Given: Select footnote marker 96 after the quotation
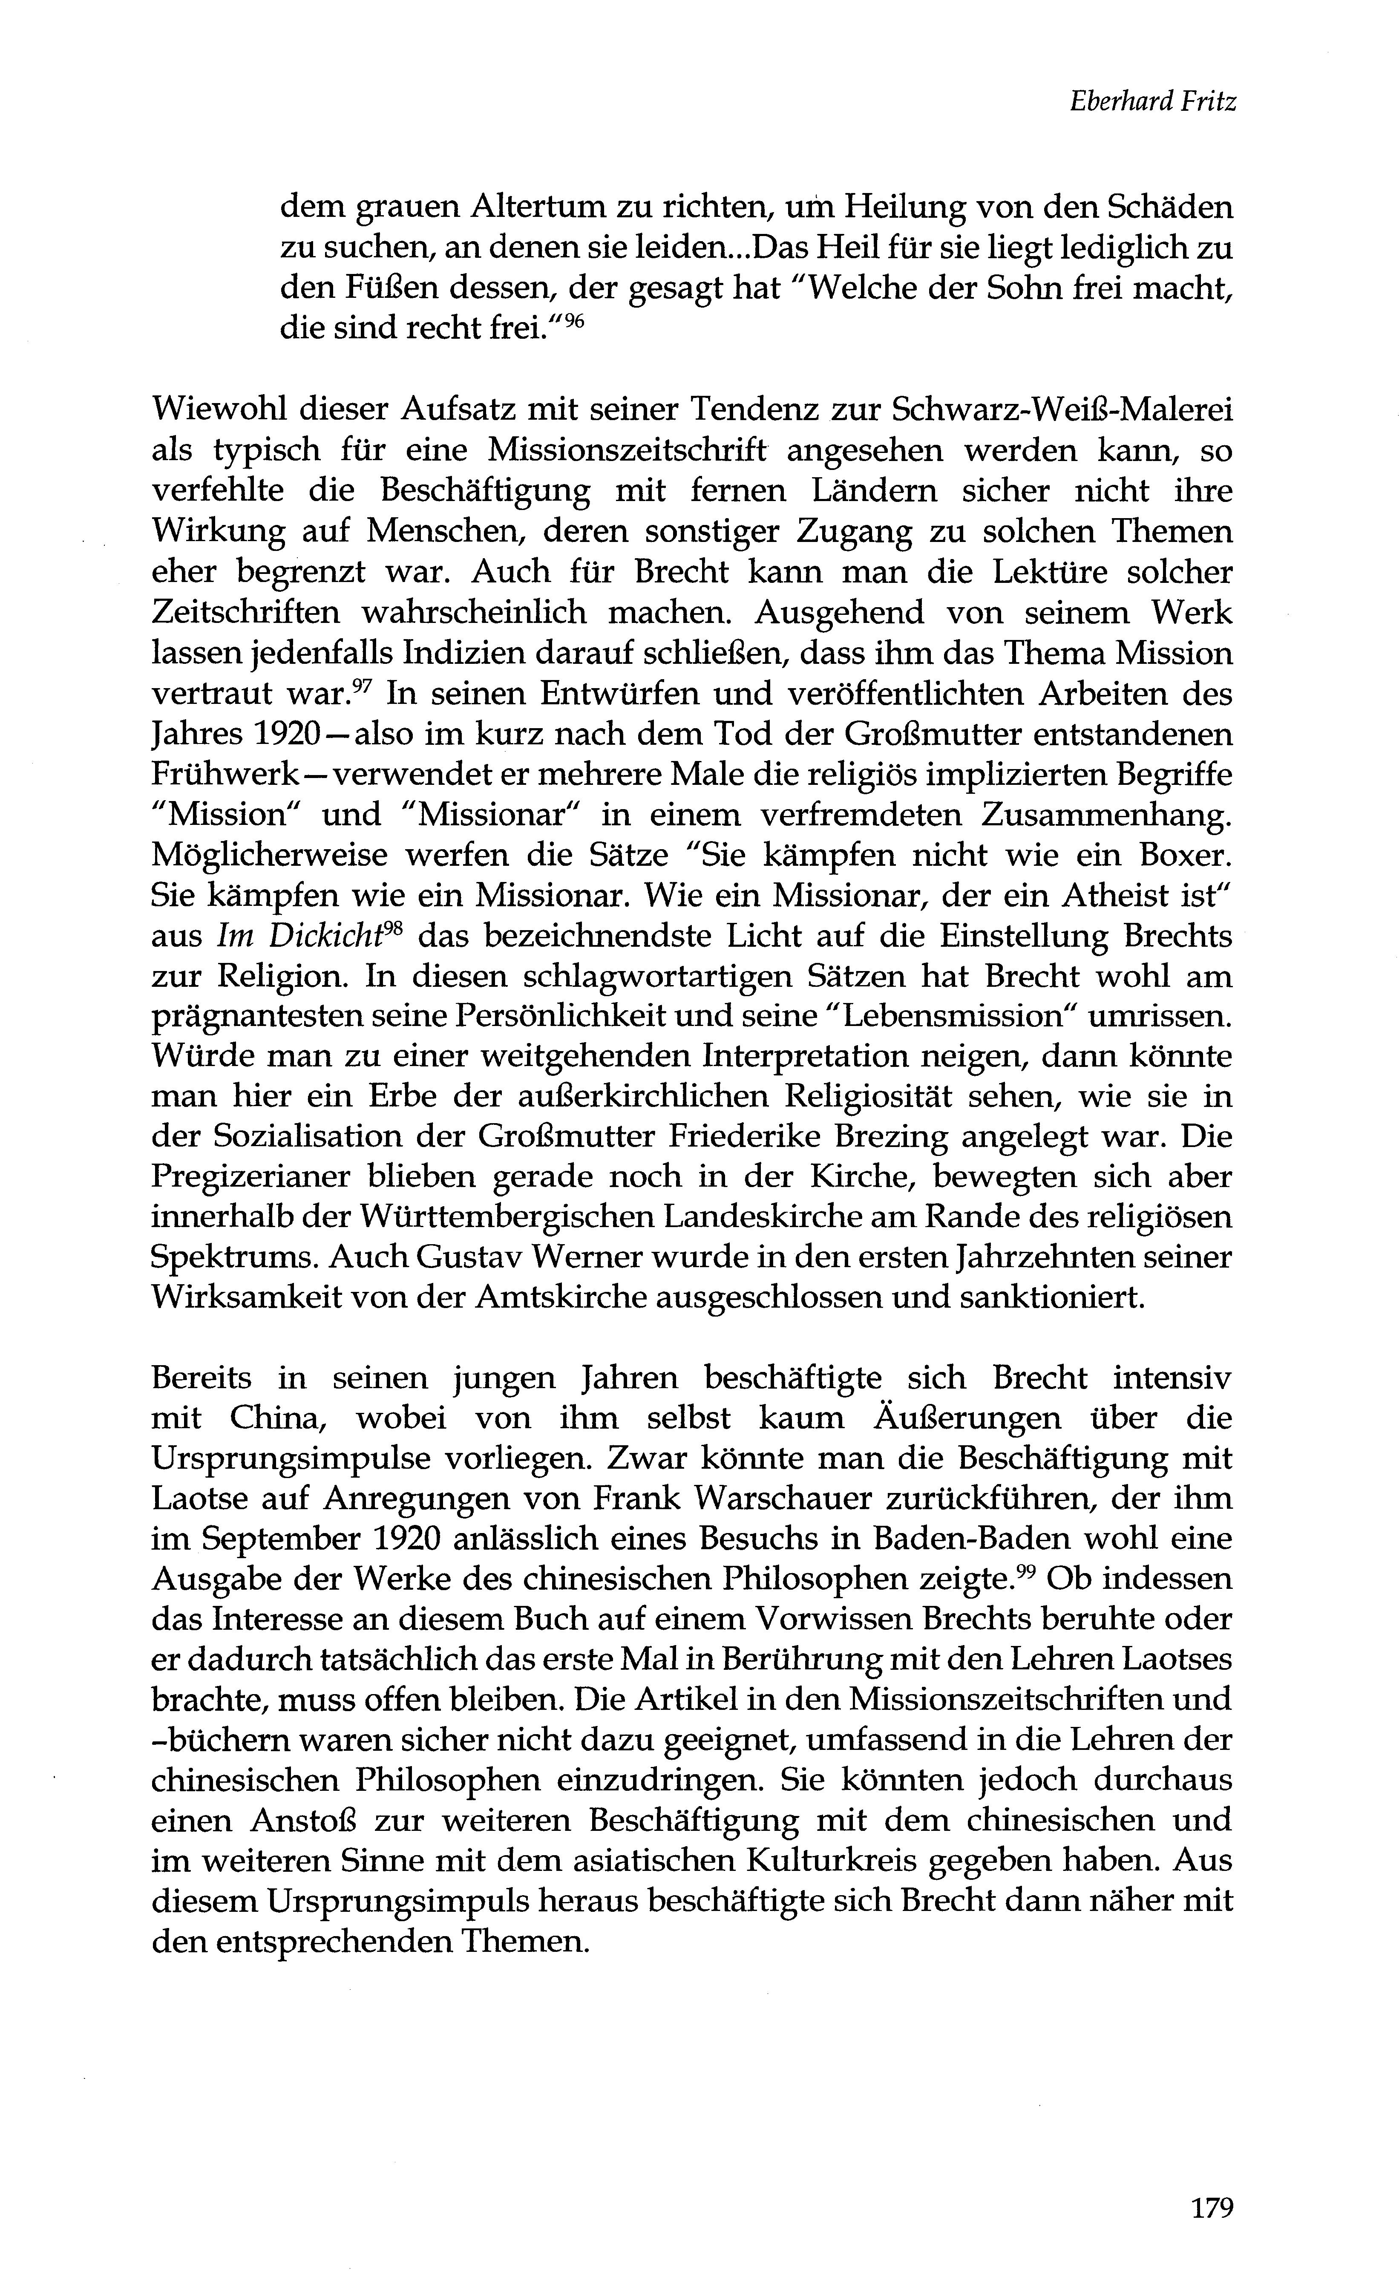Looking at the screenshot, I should [575, 322].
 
